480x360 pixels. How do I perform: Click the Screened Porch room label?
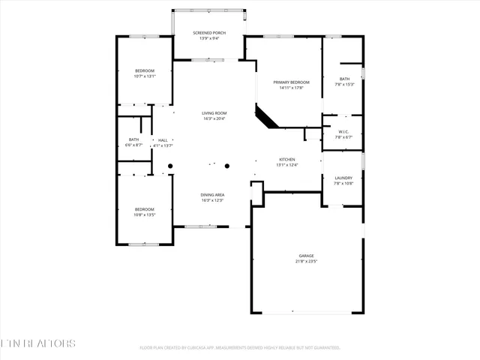[x=208, y=33]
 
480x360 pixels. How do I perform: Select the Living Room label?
[x=214, y=113]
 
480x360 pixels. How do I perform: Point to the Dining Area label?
[x=213, y=195]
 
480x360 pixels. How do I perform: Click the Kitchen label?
[x=287, y=160]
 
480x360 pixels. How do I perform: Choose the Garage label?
[x=306, y=256]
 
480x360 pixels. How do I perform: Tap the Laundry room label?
[x=343, y=178]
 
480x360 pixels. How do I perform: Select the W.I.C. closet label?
[x=343, y=132]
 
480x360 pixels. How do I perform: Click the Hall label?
[x=163, y=139]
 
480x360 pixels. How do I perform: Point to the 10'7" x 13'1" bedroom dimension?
[x=145, y=76]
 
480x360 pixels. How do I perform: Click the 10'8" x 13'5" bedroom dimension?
[x=145, y=214]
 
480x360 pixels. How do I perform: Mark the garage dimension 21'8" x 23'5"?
[x=306, y=261]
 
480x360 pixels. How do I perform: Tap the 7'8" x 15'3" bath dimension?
[x=344, y=84]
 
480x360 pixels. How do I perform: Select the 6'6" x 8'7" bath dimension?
[x=134, y=145]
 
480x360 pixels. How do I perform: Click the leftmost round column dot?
[x=170, y=166]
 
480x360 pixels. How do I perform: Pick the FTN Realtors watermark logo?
[x=38, y=343]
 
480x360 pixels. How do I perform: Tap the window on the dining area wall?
[x=200, y=226]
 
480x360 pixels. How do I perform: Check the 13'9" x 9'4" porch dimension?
[x=208, y=38]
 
